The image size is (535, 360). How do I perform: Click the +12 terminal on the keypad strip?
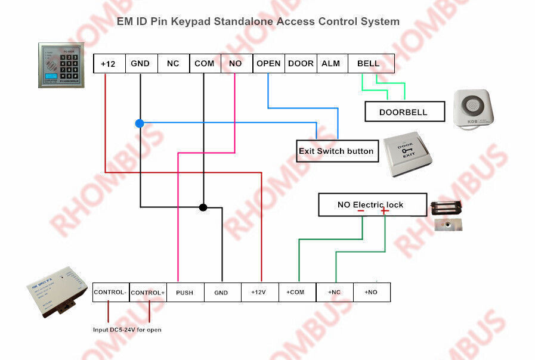pyautogui.click(x=109, y=64)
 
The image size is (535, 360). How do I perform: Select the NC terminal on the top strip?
pyautogui.click(x=173, y=64)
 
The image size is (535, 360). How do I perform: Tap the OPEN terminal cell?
pyautogui.click(x=268, y=64)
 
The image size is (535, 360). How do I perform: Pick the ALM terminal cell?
pyautogui.click(x=330, y=64)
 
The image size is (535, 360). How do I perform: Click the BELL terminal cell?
pyautogui.click(x=369, y=64)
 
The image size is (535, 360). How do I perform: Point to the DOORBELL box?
pyautogui.click(x=404, y=111)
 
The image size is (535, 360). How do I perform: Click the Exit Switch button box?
pyautogui.click(x=336, y=151)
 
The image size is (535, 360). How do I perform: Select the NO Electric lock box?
pyautogui.click(x=372, y=204)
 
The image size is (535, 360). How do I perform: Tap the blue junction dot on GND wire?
pyautogui.click(x=140, y=123)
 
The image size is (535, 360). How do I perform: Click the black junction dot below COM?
pyautogui.click(x=203, y=207)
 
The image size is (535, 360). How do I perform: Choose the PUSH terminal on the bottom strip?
pyautogui.click(x=184, y=293)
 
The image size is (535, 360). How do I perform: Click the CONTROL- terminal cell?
pyautogui.click(x=110, y=292)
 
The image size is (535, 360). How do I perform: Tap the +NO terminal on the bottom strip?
pyautogui.click(x=371, y=293)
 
